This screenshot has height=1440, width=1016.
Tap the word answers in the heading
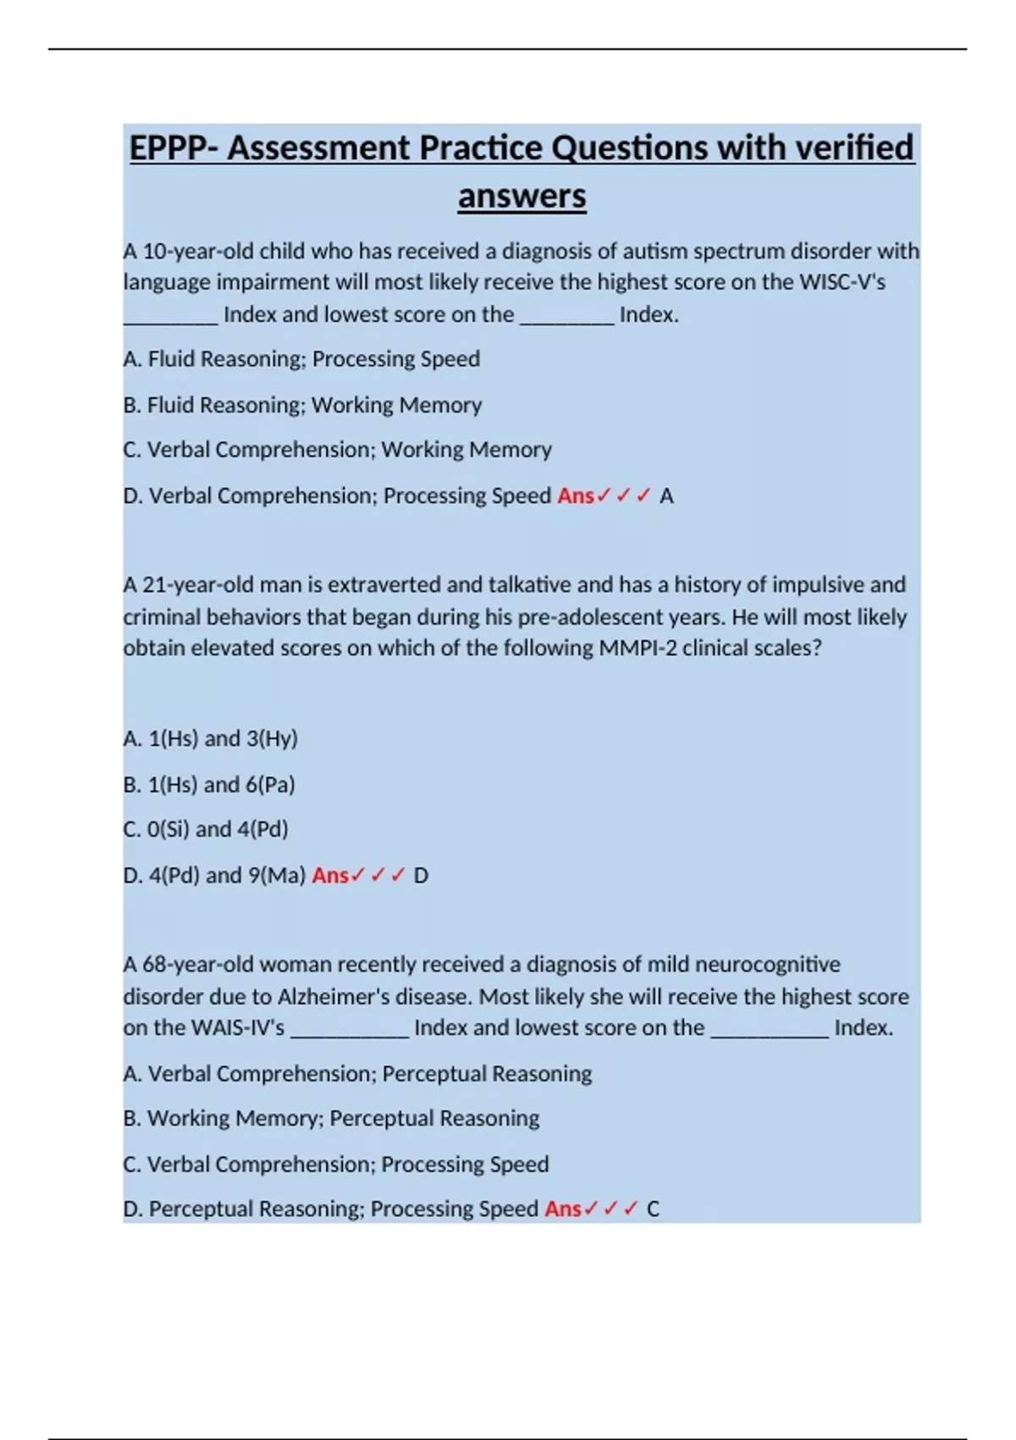click(x=522, y=197)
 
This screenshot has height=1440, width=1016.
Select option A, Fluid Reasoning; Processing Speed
click(x=301, y=359)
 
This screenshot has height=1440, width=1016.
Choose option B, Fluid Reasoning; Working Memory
click(x=302, y=405)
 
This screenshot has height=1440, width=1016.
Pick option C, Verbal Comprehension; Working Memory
click(x=337, y=450)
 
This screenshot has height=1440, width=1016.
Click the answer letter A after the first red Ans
click(x=666, y=496)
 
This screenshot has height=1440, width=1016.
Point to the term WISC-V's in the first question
click(x=842, y=282)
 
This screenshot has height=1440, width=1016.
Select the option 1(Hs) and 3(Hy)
click(x=211, y=739)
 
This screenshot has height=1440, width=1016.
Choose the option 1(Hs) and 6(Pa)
click(x=209, y=784)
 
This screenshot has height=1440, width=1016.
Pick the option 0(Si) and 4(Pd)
click(x=206, y=829)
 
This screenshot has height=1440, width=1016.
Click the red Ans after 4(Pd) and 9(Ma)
click(x=330, y=875)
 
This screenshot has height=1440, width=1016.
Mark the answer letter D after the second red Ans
click(x=421, y=876)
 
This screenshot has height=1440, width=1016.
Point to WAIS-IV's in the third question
click(x=238, y=1028)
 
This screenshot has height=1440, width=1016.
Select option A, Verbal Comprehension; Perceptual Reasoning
click(x=357, y=1074)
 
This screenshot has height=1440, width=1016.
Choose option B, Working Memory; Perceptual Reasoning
click(x=331, y=1119)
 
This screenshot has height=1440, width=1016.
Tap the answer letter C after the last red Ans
click(x=653, y=1210)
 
